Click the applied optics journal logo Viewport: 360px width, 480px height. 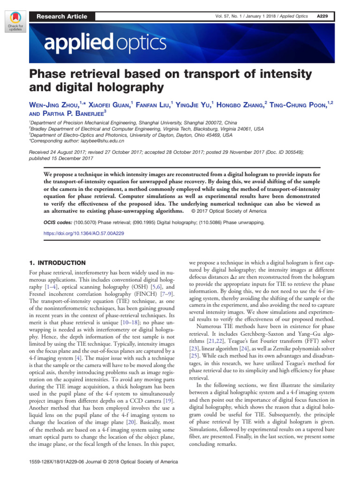point(105,44)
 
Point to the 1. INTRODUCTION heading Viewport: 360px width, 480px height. point(57,263)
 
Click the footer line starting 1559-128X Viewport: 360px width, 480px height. point(103,462)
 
